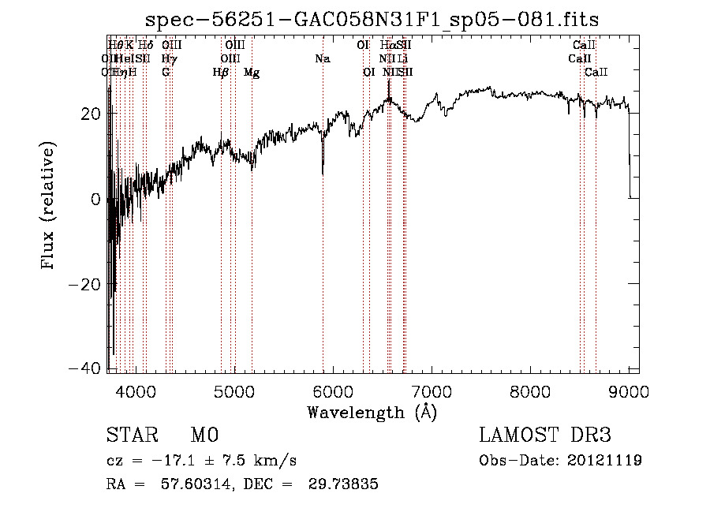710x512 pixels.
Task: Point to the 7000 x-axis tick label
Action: pyautogui.click(x=432, y=391)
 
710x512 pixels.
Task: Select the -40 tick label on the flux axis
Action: pyautogui.click(x=84, y=369)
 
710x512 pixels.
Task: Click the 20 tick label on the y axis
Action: pyautogui.click(x=91, y=114)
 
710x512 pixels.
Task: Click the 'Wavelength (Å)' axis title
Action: pyautogui.click(x=372, y=412)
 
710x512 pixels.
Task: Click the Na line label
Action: pyautogui.click(x=322, y=58)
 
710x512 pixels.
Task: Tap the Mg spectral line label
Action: pyautogui.click(x=252, y=73)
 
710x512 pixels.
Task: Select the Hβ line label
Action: pyautogui.click(x=221, y=73)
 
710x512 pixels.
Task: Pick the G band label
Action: pyautogui.click(x=166, y=73)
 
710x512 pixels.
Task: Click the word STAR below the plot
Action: pyautogui.click(x=131, y=435)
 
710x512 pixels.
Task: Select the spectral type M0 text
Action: pyautogui.click(x=204, y=435)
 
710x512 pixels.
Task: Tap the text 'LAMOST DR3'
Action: pyautogui.click(x=545, y=435)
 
